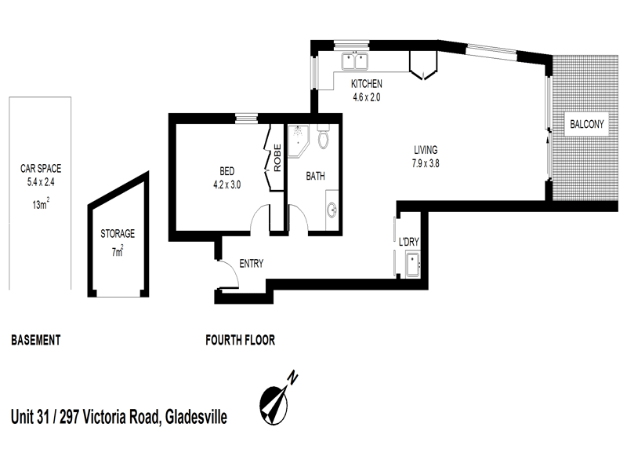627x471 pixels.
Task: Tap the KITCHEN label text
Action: [367, 84]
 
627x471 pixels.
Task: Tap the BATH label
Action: [315, 177]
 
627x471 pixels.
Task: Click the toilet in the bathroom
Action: [324, 137]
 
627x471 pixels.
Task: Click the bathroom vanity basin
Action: [333, 210]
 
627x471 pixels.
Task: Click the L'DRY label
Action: [410, 242]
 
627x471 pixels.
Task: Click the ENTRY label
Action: [251, 264]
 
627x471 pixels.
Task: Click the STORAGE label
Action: [118, 233]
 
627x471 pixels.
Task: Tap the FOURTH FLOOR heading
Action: [240, 341]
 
